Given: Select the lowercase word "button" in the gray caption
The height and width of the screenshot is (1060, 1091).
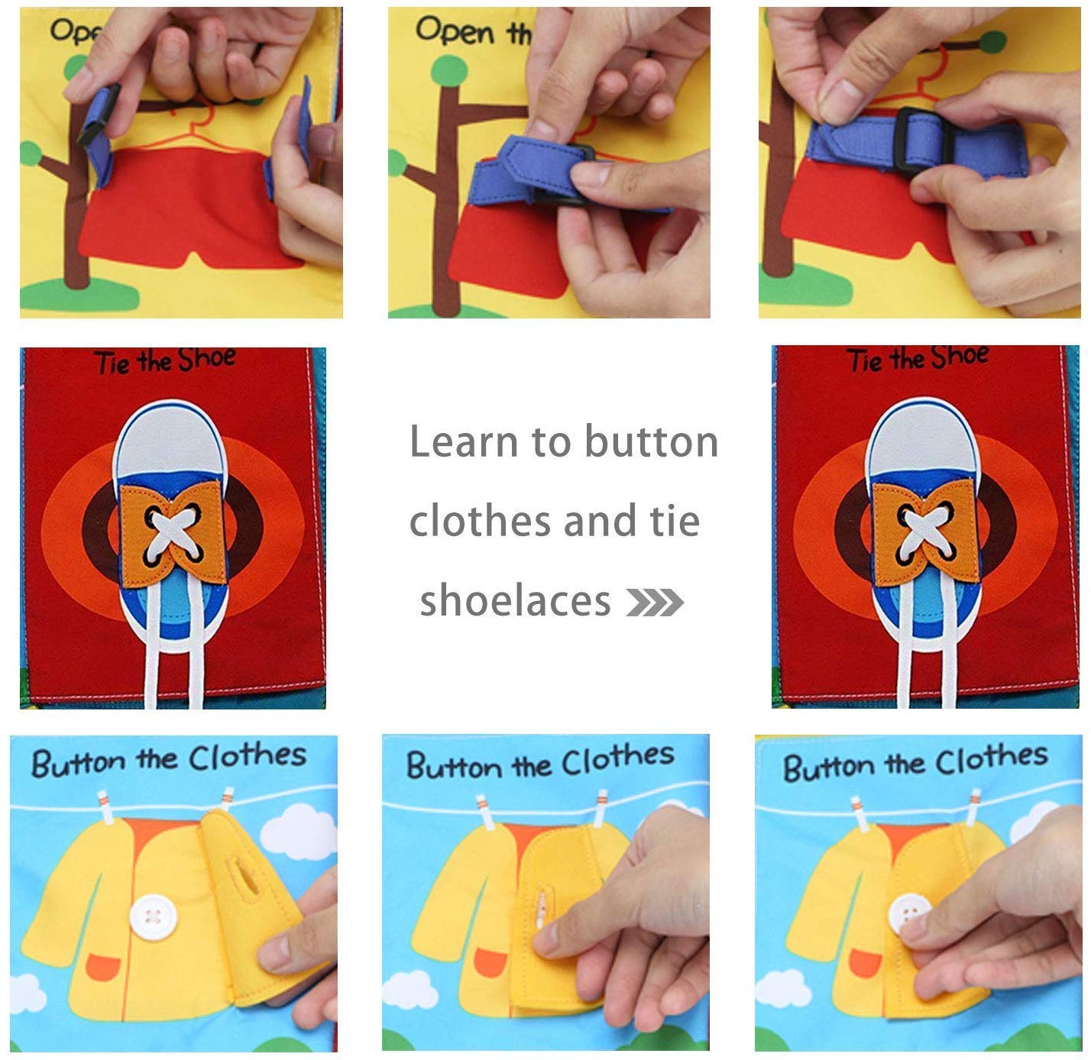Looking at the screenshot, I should coord(651,441).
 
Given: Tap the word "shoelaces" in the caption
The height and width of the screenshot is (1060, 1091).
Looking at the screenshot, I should coord(516,600).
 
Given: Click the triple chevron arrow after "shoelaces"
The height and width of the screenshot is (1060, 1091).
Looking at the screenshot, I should coord(655,603).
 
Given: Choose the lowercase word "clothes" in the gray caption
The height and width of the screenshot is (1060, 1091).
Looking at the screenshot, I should coord(481,521).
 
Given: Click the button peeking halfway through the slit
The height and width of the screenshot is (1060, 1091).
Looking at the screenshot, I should coord(542,909).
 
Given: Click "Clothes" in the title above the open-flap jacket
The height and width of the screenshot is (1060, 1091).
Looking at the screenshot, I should coord(247,756).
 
